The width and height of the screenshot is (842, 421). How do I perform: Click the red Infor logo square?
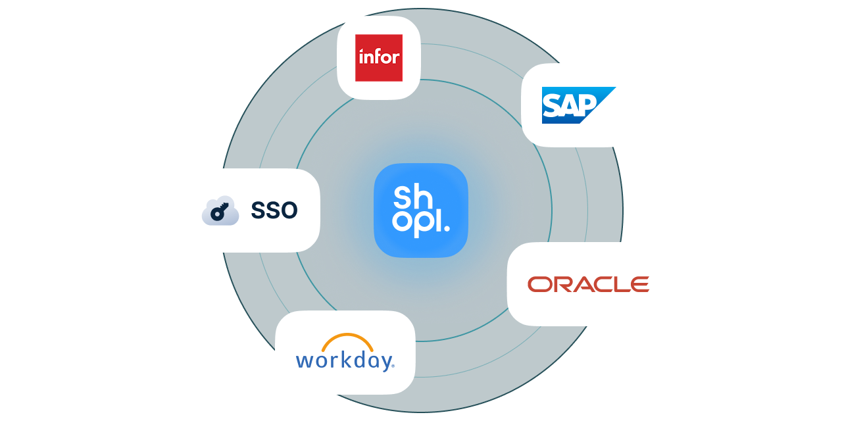pos(378,58)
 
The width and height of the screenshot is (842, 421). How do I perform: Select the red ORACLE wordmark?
pos(588,284)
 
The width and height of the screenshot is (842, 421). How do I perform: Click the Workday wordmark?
pos(345,361)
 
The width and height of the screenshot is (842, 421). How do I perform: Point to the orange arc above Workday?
pos(348,340)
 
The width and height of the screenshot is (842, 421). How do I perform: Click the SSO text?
pos(274,210)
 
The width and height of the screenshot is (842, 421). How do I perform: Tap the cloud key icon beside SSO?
pos(220,210)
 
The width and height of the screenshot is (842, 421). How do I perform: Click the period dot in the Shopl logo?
pos(447,229)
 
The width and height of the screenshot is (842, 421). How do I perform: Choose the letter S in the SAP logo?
pos(551,105)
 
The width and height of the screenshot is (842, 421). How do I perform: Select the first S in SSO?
pos(257,210)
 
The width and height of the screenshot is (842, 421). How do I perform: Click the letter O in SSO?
pos(289,210)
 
